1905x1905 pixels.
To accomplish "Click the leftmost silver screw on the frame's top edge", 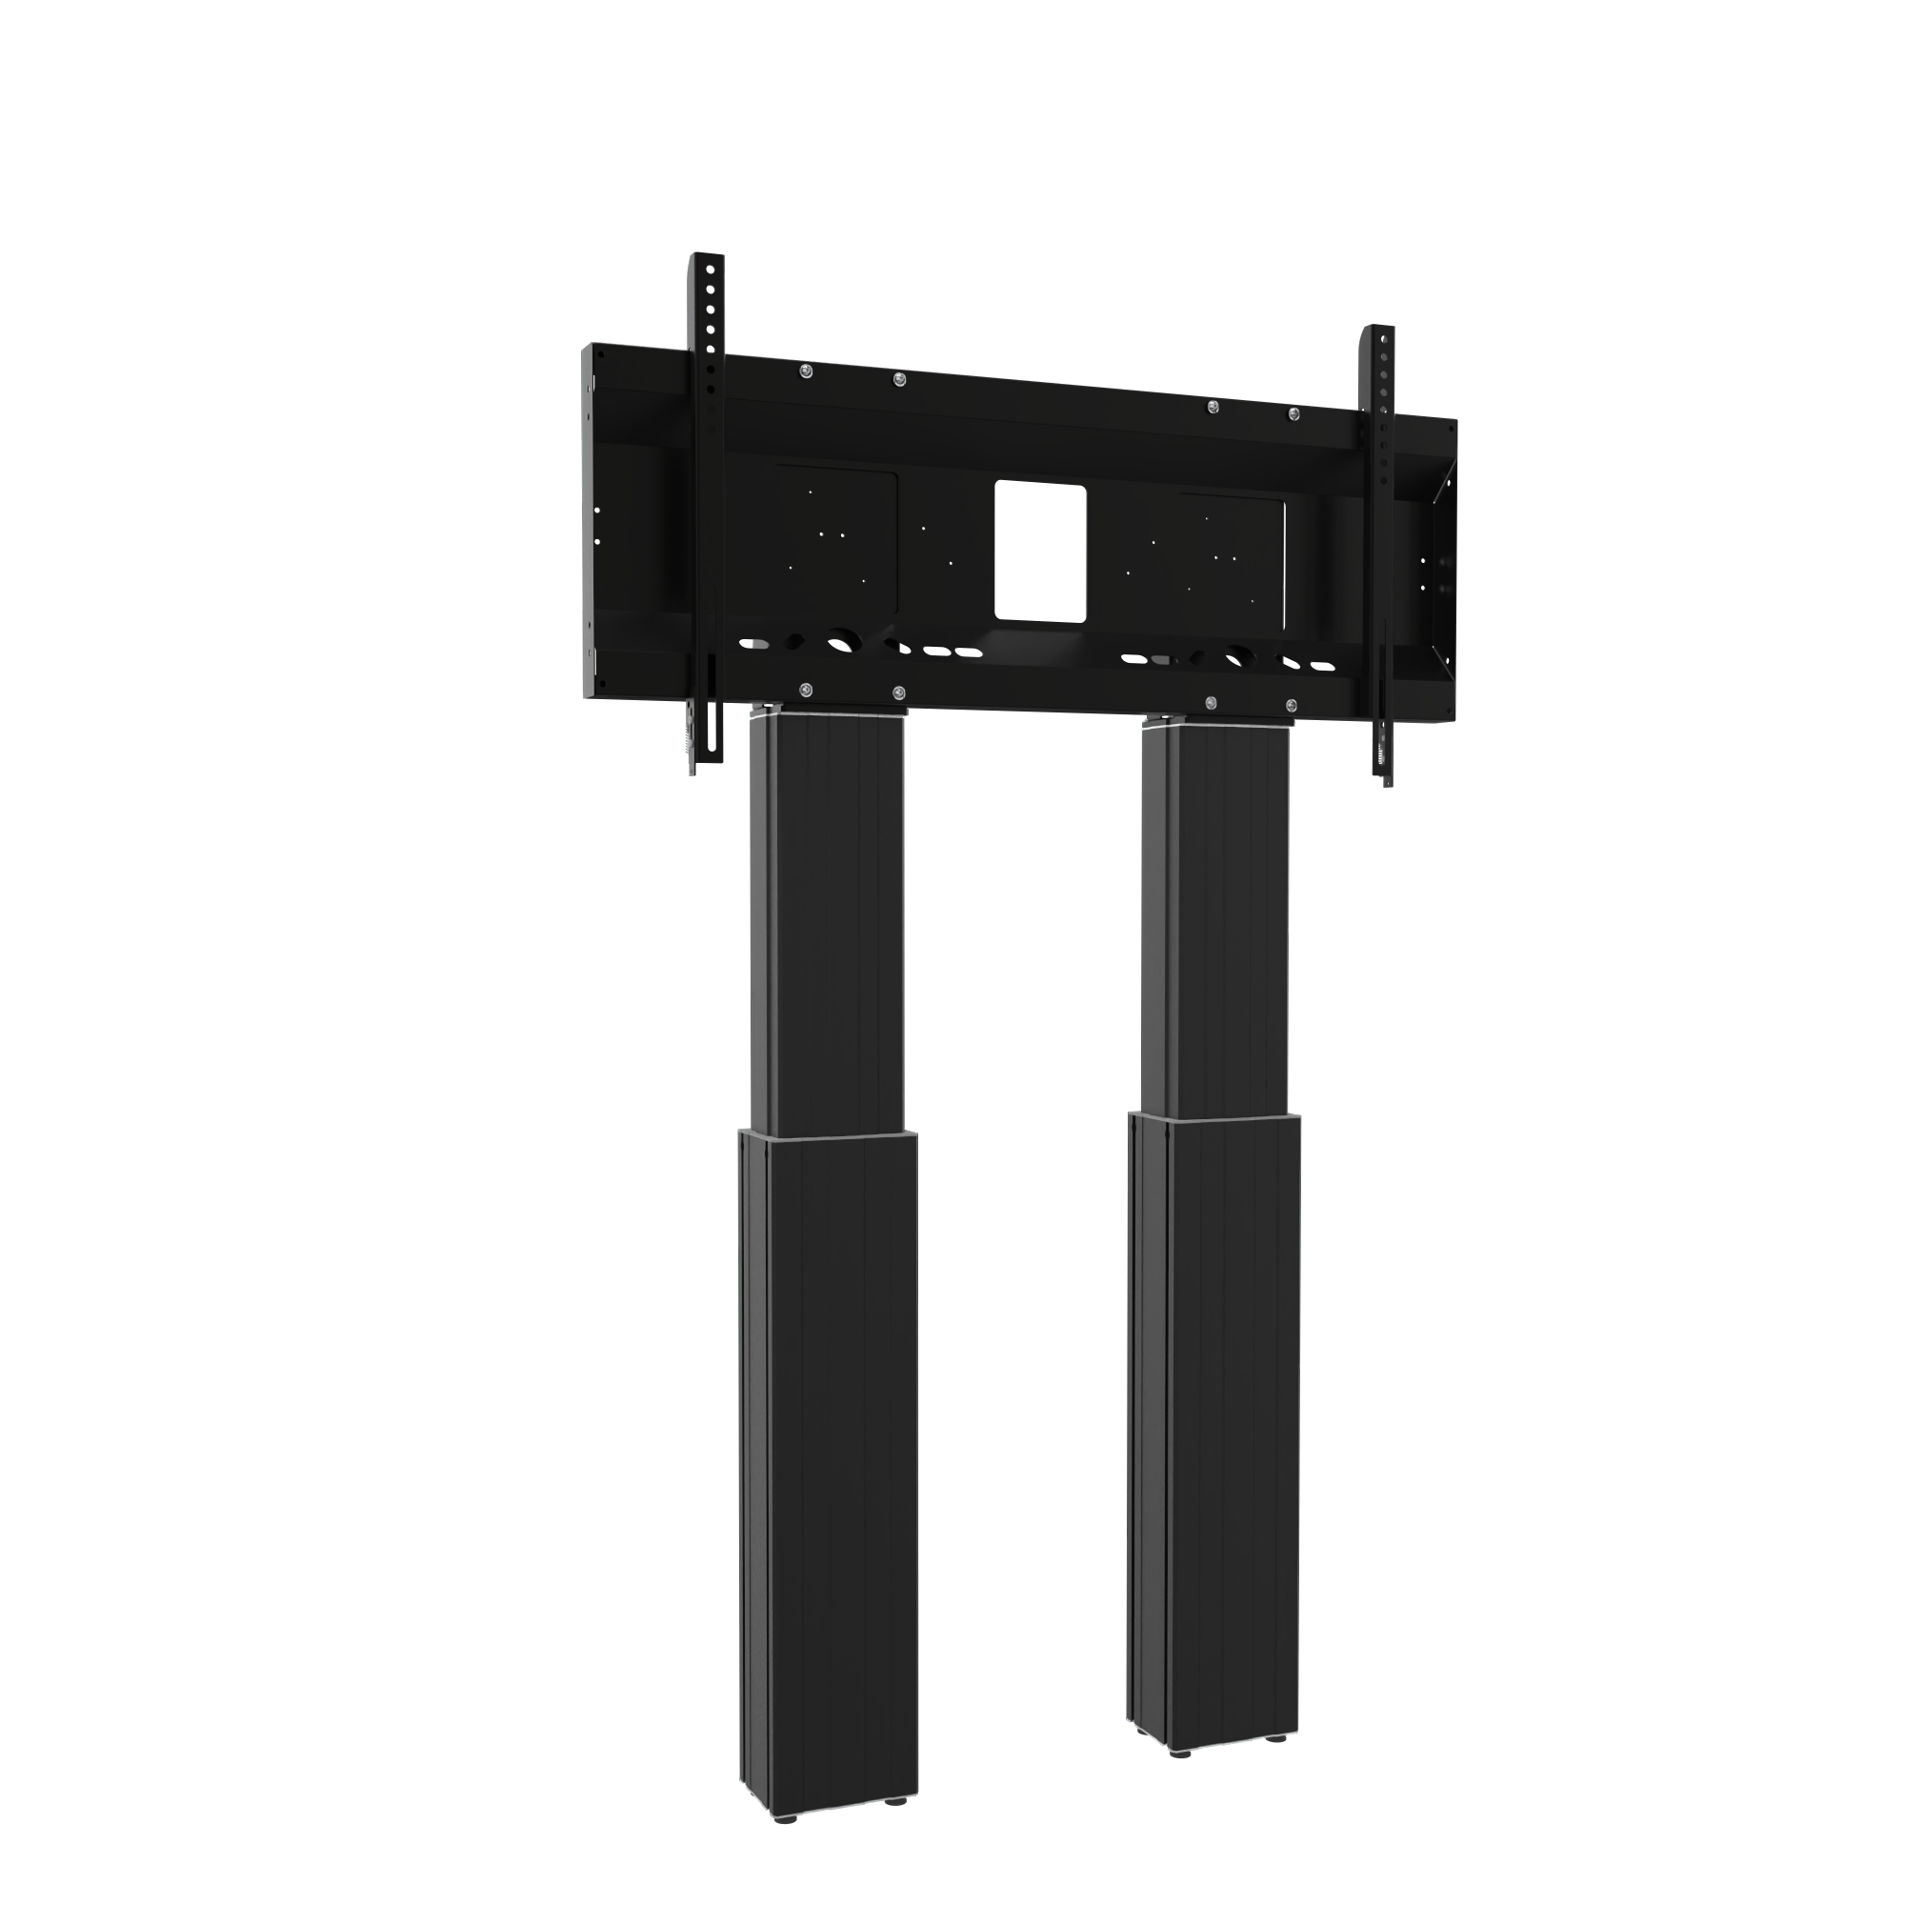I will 806,371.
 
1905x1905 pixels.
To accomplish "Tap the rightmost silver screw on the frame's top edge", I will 1293,413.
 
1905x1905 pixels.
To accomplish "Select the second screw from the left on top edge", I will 897,379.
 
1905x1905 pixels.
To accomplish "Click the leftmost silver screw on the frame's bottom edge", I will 806,690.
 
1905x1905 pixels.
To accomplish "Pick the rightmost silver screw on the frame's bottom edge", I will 1292,706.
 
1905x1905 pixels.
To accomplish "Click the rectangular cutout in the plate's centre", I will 1040,551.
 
